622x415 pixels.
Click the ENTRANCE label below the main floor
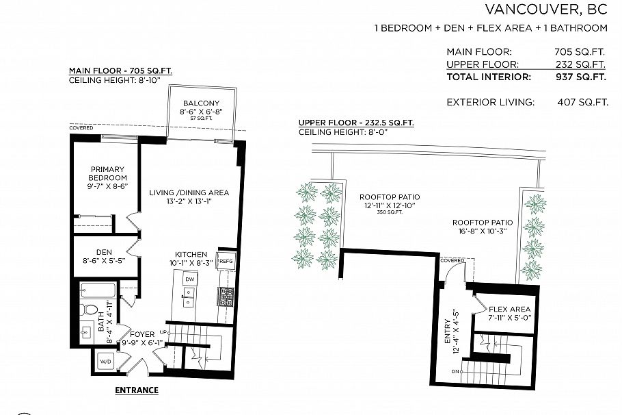point(136,390)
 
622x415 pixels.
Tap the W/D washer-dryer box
point(106,361)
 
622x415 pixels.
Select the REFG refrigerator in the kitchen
point(226,261)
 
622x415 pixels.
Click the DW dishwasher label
point(189,279)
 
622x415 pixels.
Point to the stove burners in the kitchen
point(226,297)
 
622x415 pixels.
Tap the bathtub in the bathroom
point(96,290)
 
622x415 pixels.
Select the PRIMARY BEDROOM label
point(108,173)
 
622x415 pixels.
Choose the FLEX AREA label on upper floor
point(509,309)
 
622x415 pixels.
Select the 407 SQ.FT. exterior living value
point(582,103)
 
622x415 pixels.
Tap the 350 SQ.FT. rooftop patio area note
point(389,212)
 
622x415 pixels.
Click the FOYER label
point(142,335)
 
